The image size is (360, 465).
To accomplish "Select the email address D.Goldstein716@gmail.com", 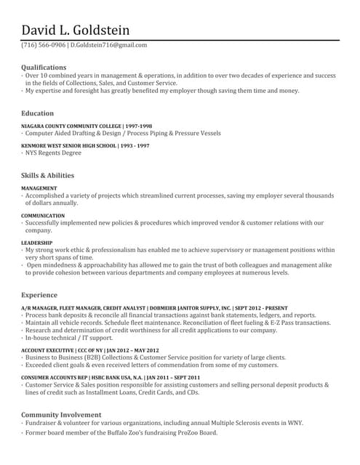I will (108, 45).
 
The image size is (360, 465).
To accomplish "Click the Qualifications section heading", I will (44, 67).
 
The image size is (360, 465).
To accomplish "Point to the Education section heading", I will (37, 113).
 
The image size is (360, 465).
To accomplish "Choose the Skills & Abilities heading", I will (47, 175).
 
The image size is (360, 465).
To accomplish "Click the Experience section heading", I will (39, 295).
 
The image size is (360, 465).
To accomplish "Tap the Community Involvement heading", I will (61, 414).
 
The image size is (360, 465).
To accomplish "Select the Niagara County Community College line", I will (87, 126).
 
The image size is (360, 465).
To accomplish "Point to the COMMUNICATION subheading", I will (43, 216).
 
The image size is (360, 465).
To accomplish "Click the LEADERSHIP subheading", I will (36, 243).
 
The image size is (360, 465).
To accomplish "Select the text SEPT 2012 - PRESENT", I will (261, 308).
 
